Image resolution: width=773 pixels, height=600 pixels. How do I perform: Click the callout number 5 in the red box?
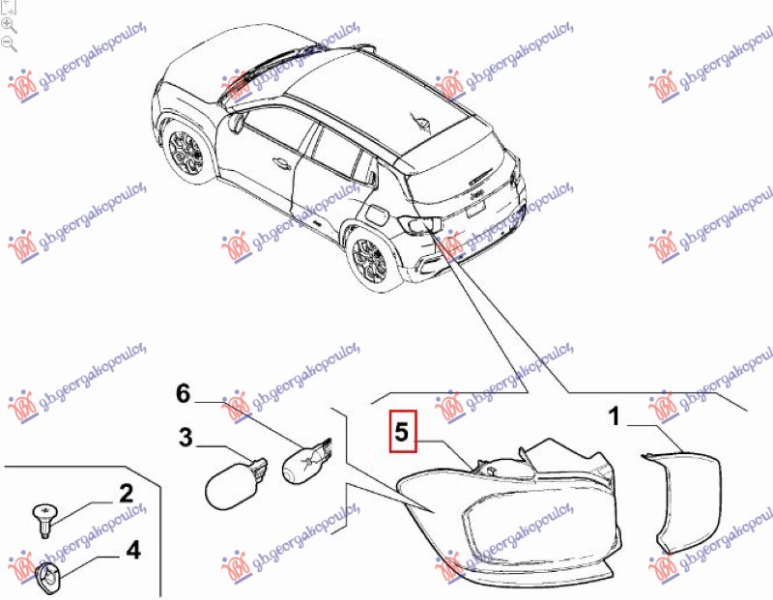point(402,431)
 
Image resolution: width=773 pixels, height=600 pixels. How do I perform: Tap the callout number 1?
point(615,416)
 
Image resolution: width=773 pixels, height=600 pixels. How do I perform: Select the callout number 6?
point(183,393)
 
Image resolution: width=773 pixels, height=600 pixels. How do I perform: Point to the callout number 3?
point(185,438)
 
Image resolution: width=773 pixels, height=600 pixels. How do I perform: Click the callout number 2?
point(127,494)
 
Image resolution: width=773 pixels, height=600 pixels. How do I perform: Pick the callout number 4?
point(133,550)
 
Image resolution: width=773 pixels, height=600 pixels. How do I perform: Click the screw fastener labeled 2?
point(45,520)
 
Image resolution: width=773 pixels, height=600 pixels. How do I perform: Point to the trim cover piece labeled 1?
point(682,501)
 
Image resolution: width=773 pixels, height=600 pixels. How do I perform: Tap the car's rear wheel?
point(369,259)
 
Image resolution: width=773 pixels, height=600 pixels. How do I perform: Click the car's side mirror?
point(237,122)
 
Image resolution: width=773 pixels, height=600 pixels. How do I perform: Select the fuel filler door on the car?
point(375,214)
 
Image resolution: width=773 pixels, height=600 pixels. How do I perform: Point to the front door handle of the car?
point(282,162)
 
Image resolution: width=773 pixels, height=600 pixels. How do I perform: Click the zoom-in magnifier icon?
point(9,26)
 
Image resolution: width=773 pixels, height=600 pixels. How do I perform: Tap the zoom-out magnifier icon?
point(9,43)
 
